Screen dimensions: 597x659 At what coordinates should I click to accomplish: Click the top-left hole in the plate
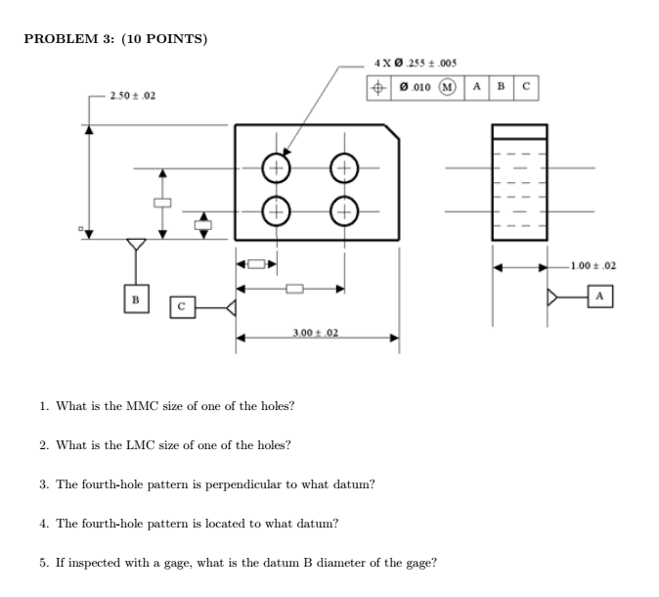[x=276, y=167]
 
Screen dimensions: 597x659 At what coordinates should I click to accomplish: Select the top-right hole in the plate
[x=343, y=167]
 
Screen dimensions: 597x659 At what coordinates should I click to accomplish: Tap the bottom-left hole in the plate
[x=276, y=210]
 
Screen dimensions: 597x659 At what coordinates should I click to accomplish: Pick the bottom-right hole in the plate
[x=343, y=210]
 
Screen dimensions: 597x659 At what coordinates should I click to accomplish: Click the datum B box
[x=136, y=297]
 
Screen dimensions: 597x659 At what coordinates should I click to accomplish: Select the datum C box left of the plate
[x=182, y=308]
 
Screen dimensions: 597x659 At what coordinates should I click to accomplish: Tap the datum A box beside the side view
[x=600, y=296]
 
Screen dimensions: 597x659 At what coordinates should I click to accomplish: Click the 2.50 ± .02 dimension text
[x=133, y=96]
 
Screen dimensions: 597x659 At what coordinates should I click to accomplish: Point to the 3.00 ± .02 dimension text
[x=316, y=334]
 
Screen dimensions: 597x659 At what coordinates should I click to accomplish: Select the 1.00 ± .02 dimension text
[x=593, y=265]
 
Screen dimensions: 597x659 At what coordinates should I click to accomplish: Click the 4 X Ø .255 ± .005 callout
[x=416, y=64]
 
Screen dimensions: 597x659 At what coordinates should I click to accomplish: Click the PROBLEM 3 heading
[x=115, y=39]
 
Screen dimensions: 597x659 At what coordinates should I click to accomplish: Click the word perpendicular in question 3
[x=227, y=484]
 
